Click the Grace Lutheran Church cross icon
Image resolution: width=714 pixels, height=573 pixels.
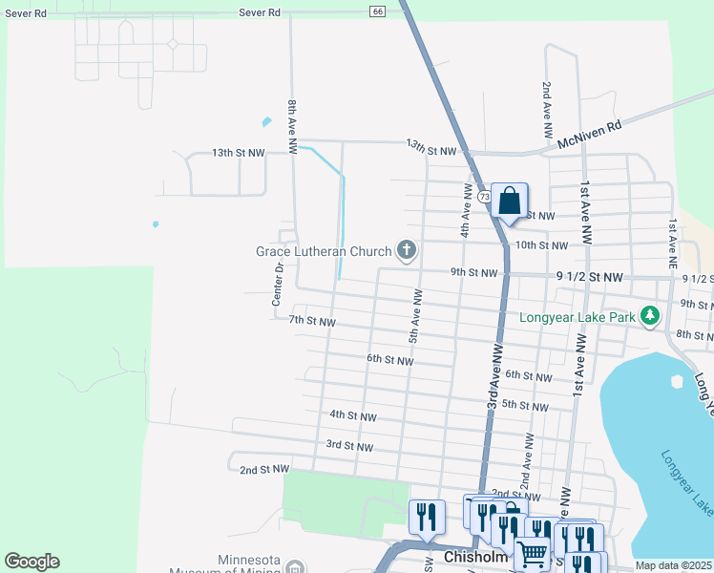click(x=407, y=251)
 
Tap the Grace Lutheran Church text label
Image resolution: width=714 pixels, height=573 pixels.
click(x=324, y=252)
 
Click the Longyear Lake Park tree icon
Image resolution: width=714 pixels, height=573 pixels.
click(x=650, y=314)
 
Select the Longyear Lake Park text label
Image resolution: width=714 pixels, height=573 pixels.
click(x=578, y=315)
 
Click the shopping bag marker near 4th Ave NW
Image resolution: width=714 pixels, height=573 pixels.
click(x=509, y=202)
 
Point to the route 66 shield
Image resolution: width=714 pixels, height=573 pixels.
click(x=377, y=11)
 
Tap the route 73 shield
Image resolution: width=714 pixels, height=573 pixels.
click(x=486, y=196)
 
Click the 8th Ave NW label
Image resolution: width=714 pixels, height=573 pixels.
click(x=293, y=124)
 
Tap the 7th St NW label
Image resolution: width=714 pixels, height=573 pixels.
click(x=312, y=322)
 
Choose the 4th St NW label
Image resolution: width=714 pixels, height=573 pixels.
click(x=352, y=416)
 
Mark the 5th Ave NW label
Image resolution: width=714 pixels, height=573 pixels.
click(x=415, y=325)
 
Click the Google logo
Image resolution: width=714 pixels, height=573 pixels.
click(x=31, y=562)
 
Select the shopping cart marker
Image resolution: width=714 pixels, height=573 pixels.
click(x=532, y=553)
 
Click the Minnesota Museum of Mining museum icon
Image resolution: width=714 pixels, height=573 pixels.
click(x=295, y=567)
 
